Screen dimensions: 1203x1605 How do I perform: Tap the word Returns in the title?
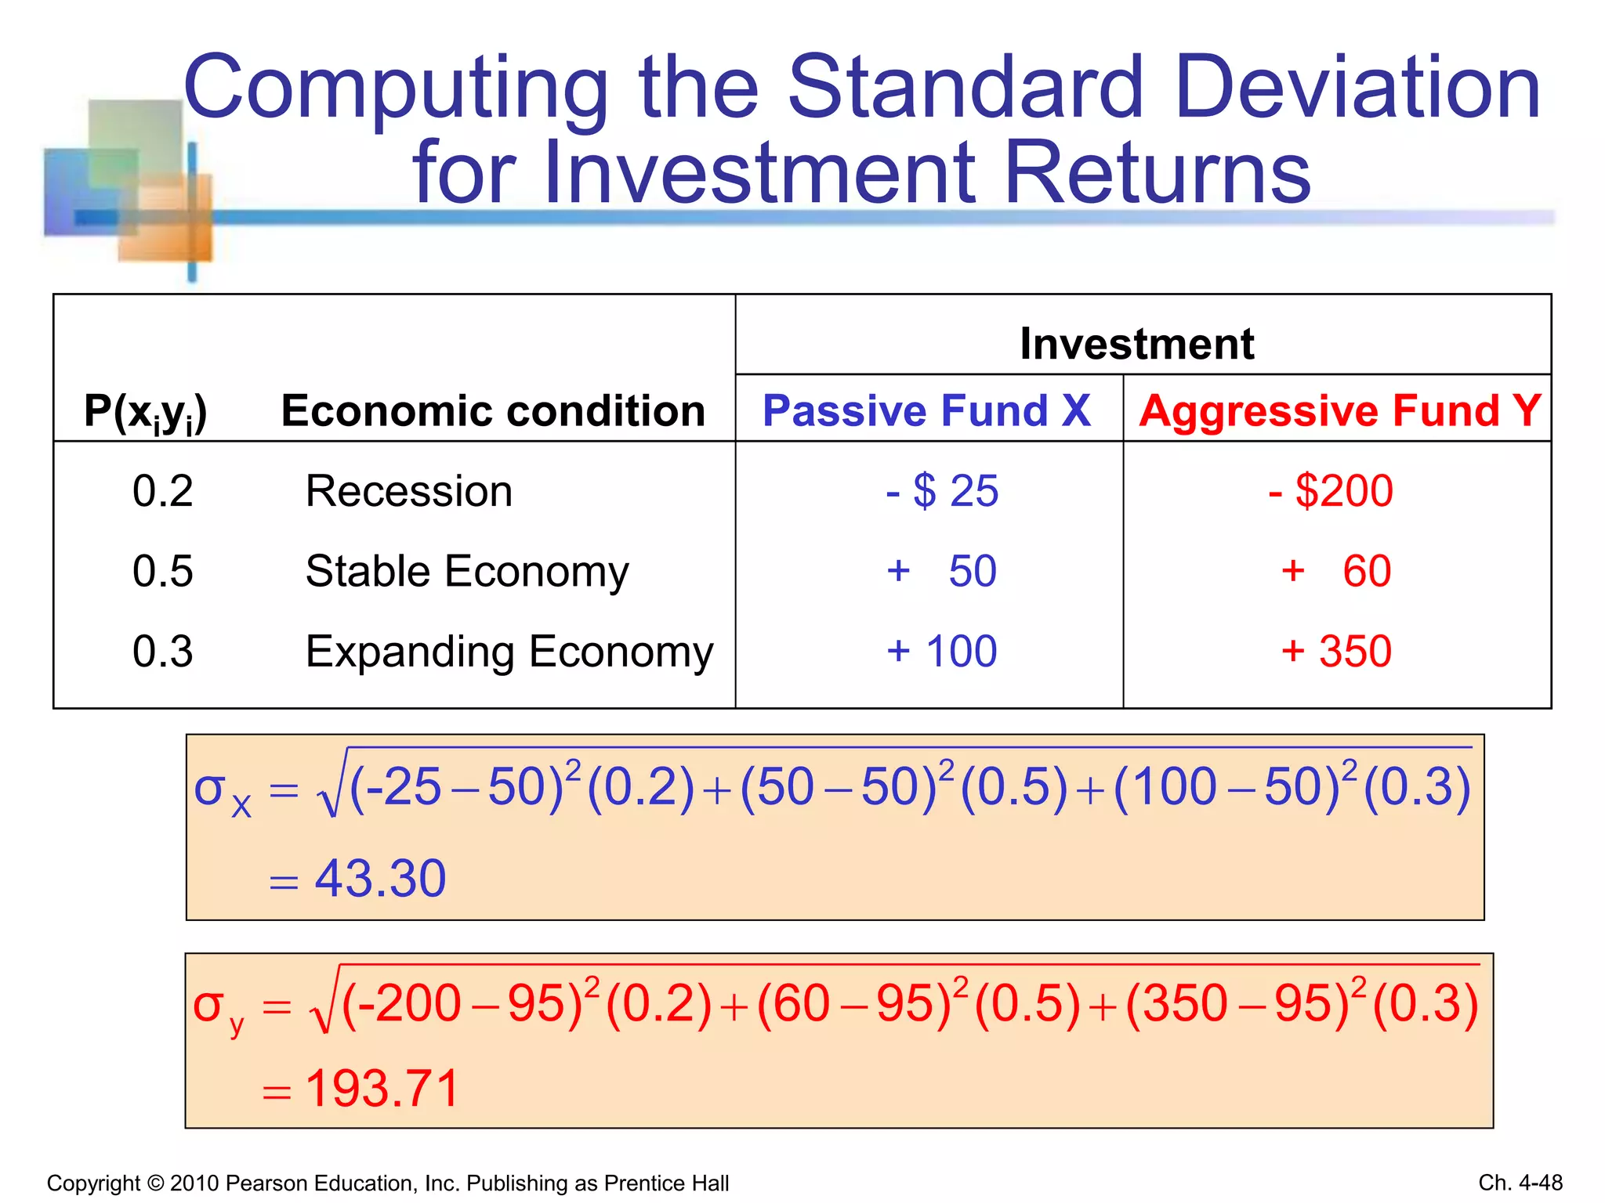(1158, 173)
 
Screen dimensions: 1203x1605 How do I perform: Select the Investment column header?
(1136, 343)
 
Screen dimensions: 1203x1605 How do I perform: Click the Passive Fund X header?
(926, 410)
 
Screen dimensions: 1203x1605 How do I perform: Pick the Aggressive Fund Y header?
(1339, 410)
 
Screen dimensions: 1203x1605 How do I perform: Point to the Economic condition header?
(493, 410)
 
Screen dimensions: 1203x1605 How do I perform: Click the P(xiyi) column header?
(146, 412)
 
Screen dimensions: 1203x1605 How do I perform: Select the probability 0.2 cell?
(162, 491)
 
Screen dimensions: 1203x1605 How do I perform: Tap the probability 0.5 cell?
(162, 571)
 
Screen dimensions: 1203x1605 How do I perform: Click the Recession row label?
(409, 491)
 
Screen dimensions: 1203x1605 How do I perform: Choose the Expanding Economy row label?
(509, 652)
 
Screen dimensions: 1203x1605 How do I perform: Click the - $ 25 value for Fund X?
(941, 491)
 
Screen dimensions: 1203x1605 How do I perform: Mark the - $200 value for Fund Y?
(1331, 491)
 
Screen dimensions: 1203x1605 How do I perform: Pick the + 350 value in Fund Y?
(1336, 651)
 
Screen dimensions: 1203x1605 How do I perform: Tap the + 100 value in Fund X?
(941, 651)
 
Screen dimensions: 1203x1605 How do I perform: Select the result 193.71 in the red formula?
(382, 1089)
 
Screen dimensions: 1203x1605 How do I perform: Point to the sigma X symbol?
(222, 793)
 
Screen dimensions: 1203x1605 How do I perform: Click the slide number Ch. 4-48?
(1520, 1183)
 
